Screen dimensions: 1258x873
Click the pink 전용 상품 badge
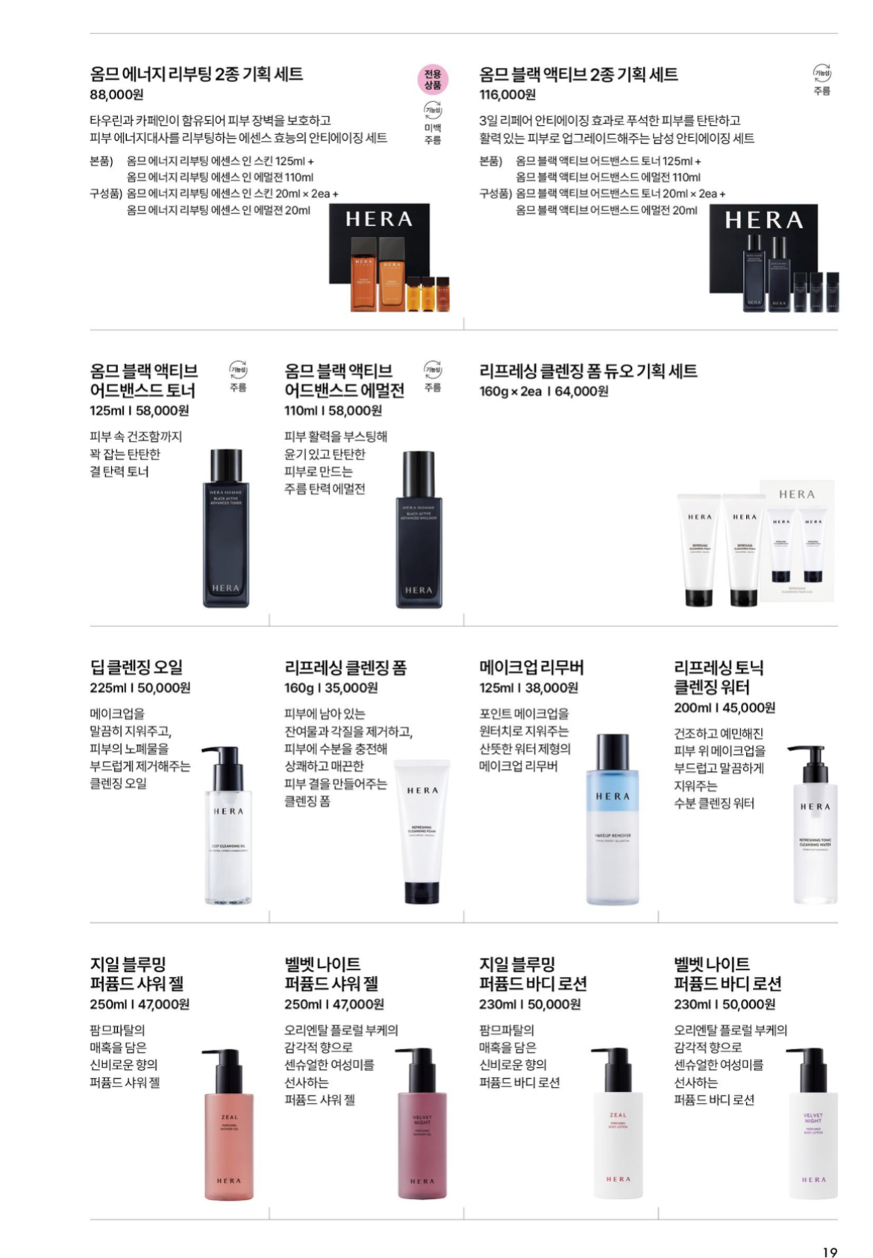pyautogui.click(x=432, y=79)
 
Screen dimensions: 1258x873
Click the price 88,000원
pyautogui.click(x=116, y=95)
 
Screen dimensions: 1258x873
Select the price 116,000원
pyautogui.click(x=507, y=95)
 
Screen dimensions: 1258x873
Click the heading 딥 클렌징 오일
pyautogui.click(x=136, y=667)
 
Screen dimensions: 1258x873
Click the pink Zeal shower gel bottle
pyautogui.click(x=229, y=1125)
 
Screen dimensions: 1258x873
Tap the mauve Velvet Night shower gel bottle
pyautogui.click(x=422, y=1125)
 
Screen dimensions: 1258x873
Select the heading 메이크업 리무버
pyautogui.click(x=531, y=667)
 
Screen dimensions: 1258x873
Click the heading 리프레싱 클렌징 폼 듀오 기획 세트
pyautogui.click(x=588, y=371)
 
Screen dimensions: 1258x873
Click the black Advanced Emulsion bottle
pyautogui.click(x=419, y=529)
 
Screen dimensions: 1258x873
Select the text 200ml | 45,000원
pyautogui.click(x=725, y=707)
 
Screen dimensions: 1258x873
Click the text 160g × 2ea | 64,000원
pyautogui.click(x=543, y=391)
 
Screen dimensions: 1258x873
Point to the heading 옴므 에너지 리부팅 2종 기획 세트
pyautogui.click(x=196, y=74)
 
